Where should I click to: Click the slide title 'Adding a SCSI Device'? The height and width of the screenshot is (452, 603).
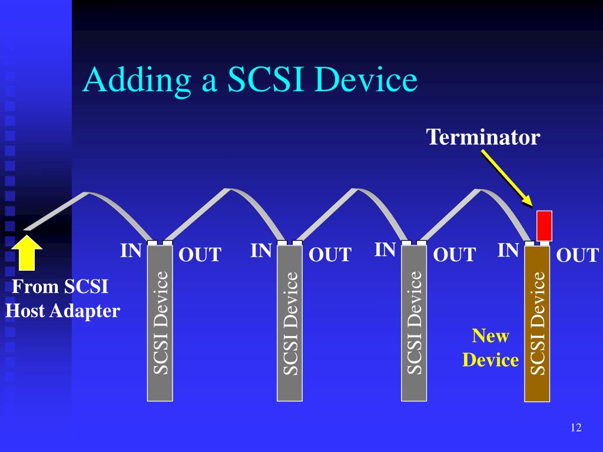pyautogui.click(x=250, y=80)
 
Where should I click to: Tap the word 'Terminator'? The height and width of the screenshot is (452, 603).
pyautogui.click(x=483, y=137)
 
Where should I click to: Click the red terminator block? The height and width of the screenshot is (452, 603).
pyautogui.click(x=544, y=225)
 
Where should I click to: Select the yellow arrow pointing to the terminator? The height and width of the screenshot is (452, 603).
pyautogui.click(x=506, y=178)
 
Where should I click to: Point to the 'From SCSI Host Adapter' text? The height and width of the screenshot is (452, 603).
pyautogui.click(x=62, y=299)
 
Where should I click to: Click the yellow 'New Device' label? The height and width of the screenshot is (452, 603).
pyautogui.click(x=491, y=348)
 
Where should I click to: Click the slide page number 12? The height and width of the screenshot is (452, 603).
pyautogui.click(x=575, y=428)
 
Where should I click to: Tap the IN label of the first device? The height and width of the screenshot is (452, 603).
pyautogui.click(x=131, y=251)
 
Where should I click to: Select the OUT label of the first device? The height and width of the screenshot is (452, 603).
pyautogui.click(x=200, y=255)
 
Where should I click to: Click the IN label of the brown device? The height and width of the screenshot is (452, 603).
pyautogui.click(x=508, y=251)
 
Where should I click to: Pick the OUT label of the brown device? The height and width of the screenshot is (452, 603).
pyautogui.click(x=577, y=255)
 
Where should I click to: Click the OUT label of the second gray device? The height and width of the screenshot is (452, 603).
pyautogui.click(x=330, y=255)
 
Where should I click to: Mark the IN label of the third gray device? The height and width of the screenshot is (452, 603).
pyautogui.click(x=385, y=250)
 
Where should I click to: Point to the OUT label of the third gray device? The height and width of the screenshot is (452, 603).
pyautogui.click(x=454, y=255)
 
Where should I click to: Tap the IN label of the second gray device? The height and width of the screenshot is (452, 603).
pyautogui.click(x=261, y=251)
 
